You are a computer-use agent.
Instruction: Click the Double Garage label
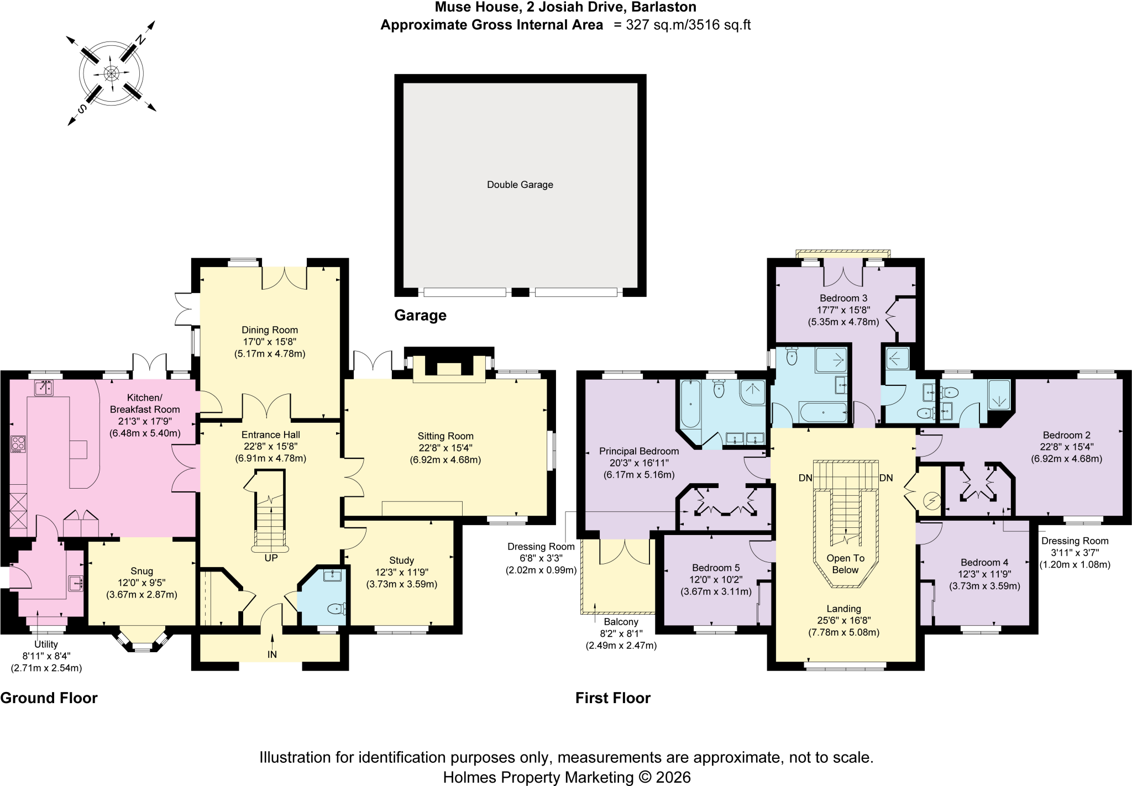tap(520, 185)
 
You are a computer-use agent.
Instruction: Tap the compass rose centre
tap(112, 73)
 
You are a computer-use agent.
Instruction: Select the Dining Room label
tap(270, 330)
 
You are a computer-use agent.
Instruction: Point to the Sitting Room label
tap(446, 436)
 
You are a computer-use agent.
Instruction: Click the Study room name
tap(401, 560)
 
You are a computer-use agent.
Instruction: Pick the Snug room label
tap(142, 571)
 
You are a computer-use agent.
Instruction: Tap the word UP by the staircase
tap(271, 558)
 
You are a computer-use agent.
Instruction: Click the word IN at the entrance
tap(272, 654)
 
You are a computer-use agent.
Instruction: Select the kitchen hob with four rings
tap(18, 444)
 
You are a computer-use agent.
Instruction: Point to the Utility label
tap(46, 644)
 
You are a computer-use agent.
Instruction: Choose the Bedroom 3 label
tap(843, 298)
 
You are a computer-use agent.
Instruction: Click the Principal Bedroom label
tap(639, 451)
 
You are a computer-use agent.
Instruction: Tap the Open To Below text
tap(845, 564)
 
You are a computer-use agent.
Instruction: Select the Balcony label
tap(621, 622)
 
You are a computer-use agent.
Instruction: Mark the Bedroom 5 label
tap(716, 568)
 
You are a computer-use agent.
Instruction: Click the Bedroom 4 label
tap(984, 562)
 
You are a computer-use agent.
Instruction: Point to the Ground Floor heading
tap(49, 698)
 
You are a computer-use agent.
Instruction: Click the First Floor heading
tap(613, 698)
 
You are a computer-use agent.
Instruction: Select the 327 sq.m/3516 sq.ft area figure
tap(688, 25)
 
